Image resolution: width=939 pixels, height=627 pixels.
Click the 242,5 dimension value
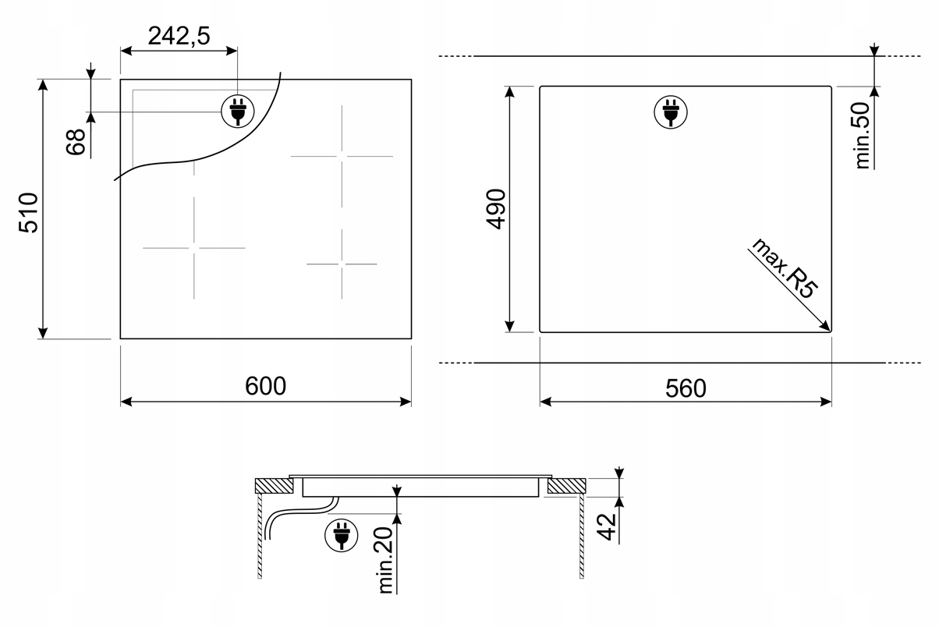[x=179, y=36]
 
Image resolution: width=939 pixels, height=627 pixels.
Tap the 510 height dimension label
[x=29, y=213]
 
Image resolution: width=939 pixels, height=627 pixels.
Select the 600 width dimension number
[x=265, y=386]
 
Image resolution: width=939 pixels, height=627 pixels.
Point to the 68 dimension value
[x=76, y=142]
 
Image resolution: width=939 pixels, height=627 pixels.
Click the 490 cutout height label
[x=496, y=209]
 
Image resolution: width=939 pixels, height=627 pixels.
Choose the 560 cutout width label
[x=686, y=388]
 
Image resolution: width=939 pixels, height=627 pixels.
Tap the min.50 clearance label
[x=863, y=136]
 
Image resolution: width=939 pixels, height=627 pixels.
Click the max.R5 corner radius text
[x=785, y=268]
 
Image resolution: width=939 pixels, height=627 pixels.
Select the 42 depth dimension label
[x=607, y=527]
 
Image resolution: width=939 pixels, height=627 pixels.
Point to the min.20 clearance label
[x=385, y=560]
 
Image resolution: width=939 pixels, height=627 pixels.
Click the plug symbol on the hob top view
[x=238, y=112]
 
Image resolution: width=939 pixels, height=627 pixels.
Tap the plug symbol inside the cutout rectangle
[x=671, y=112]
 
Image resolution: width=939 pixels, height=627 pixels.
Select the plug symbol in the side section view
[x=342, y=535]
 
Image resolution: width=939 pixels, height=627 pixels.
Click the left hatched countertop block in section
[x=275, y=486]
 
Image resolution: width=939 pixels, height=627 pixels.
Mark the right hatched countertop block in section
[x=566, y=486]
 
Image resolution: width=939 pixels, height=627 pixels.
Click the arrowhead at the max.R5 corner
[x=826, y=327]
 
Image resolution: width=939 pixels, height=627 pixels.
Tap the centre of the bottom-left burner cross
[x=193, y=248]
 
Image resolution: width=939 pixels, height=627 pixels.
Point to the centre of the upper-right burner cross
[x=342, y=156]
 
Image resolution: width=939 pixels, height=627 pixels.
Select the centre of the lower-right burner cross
[x=342, y=264]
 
